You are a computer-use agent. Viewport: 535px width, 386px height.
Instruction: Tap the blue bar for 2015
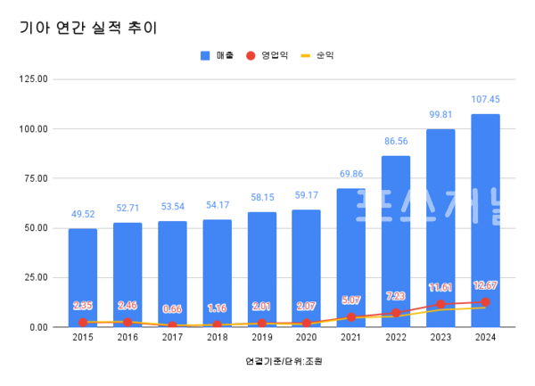[83, 277]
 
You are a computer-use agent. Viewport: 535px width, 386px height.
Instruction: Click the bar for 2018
[217, 273]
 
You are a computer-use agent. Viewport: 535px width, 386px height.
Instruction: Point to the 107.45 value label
[485, 100]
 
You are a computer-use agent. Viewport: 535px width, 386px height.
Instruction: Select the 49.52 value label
[83, 215]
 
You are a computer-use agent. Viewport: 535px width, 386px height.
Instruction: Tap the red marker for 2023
[440, 304]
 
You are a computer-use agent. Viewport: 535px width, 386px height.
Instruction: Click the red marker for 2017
[172, 325]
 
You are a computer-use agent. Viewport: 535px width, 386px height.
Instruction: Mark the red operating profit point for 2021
[351, 316]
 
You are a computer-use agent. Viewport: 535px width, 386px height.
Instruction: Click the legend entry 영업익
[267, 55]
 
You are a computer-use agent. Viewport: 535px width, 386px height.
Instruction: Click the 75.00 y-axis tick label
[36, 178]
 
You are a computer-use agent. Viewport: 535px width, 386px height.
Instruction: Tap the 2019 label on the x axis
[261, 338]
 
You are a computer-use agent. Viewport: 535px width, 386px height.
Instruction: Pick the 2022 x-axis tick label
[396, 338]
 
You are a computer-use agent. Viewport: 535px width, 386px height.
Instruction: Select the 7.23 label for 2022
[396, 296]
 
